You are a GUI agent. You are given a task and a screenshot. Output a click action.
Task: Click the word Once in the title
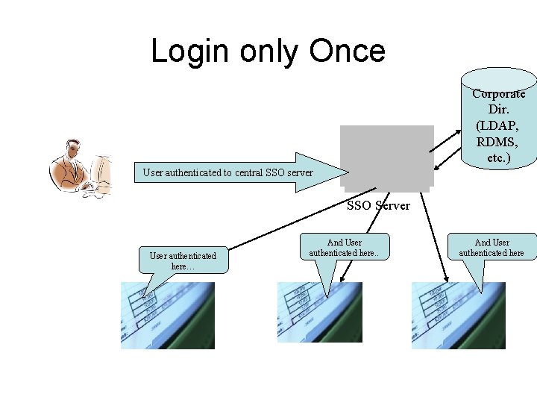[x=347, y=51]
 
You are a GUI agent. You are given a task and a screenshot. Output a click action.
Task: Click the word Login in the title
[x=190, y=51]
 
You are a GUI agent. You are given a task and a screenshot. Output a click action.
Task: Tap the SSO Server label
[x=379, y=205]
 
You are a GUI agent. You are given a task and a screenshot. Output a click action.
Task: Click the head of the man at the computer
[x=73, y=150]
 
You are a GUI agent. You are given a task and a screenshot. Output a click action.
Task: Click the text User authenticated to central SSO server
[x=227, y=173]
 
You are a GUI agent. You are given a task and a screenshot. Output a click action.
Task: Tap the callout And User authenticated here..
[x=345, y=247]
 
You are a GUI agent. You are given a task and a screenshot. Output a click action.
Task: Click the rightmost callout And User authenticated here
[x=492, y=247]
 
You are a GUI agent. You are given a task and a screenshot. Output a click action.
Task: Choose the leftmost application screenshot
[x=168, y=315]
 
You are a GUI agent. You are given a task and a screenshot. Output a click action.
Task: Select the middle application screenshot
[x=319, y=315]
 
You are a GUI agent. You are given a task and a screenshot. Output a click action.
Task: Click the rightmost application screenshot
[x=458, y=315]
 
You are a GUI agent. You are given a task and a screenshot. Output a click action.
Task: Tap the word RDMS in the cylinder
[x=498, y=142]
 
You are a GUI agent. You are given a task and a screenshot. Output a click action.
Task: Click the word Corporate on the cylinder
[x=498, y=94]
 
